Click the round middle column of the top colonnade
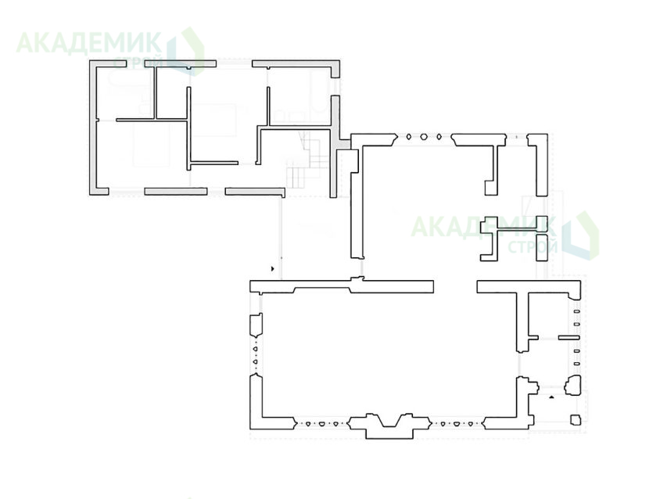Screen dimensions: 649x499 coord(424,137)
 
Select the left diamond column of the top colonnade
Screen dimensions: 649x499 coord(408,137)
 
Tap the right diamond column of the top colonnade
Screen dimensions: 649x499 coord(439,137)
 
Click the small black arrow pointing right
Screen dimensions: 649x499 coord(272,269)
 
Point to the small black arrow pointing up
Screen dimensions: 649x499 coord(551,397)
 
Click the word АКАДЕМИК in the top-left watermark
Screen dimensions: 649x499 coord(89,43)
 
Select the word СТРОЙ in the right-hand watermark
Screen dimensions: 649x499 coord(532,247)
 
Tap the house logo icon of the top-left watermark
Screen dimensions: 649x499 coord(185,52)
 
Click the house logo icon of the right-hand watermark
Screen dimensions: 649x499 coord(580,235)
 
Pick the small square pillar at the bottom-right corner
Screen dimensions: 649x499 coord(575,420)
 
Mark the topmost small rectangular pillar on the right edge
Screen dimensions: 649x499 coord(576,311)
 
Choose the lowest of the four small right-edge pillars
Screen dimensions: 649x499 coord(576,364)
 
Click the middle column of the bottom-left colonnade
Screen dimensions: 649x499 coord(321,424)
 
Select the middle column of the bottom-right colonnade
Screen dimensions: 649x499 coord(457,424)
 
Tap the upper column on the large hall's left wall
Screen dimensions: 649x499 coord(255,349)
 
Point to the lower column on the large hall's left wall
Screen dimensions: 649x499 coord(255,361)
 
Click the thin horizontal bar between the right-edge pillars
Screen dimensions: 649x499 coord(568,338)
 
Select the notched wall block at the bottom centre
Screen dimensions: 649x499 coord(389,426)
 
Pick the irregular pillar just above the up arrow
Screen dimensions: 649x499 coord(573,385)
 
